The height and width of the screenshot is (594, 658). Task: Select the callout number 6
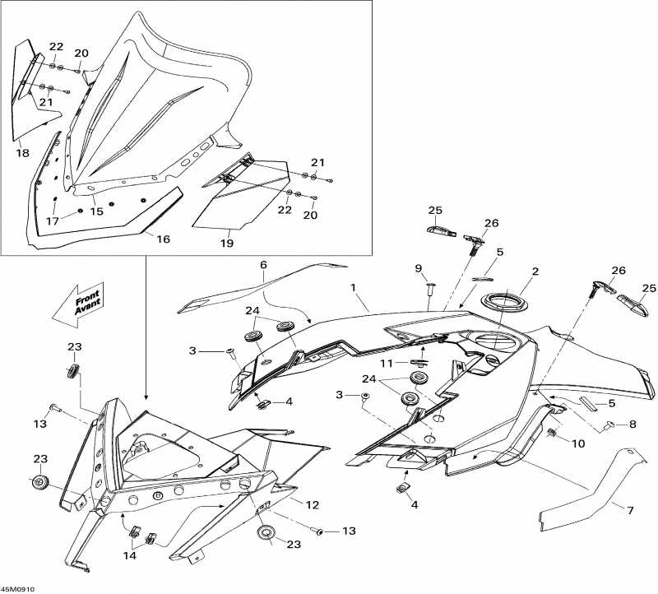(x=264, y=265)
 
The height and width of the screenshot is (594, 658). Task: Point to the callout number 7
(x=630, y=511)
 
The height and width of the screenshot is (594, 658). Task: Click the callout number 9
(x=418, y=268)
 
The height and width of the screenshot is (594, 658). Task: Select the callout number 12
(x=313, y=504)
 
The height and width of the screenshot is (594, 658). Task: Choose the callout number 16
(x=163, y=239)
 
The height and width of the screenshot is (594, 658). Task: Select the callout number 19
(x=227, y=244)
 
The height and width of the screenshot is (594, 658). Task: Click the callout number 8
(x=633, y=425)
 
